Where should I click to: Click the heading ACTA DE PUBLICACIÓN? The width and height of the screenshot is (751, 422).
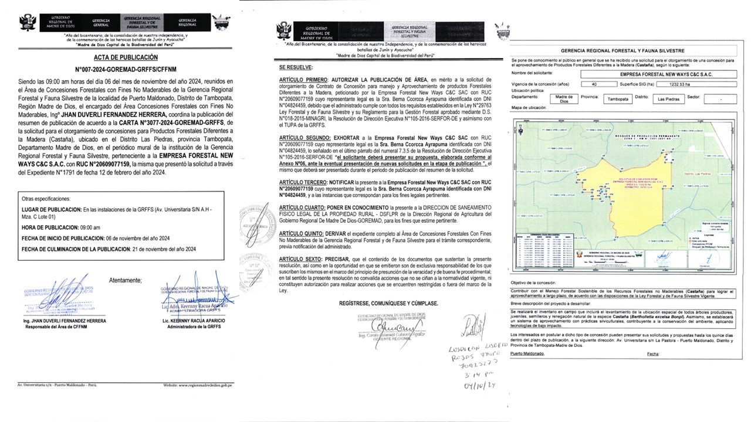pyautogui.click(x=126, y=57)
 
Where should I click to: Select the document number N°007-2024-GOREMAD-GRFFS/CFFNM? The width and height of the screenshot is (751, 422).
pyautogui.click(x=126, y=68)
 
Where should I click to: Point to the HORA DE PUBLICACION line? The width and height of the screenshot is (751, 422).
pyautogui.click(x=60, y=227)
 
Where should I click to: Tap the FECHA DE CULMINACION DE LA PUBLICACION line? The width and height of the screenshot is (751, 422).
pyautogui.click(x=108, y=249)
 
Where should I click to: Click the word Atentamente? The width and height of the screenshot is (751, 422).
pyautogui.click(x=126, y=280)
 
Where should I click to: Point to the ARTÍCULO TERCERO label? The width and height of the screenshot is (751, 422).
pyautogui.click(x=305, y=182)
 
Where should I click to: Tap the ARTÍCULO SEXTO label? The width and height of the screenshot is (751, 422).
pyautogui.click(x=301, y=258)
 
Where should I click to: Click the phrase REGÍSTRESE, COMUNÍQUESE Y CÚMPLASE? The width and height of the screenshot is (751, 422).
pyautogui.click(x=388, y=303)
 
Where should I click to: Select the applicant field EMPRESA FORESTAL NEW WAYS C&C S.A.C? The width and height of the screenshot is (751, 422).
pyautogui.click(x=652, y=74)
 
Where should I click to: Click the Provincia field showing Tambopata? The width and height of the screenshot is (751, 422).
pyautogui.click(x=618, y=99)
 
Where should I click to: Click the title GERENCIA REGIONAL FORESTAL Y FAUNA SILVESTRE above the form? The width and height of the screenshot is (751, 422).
pyautogui.click(x=623, y=51)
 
